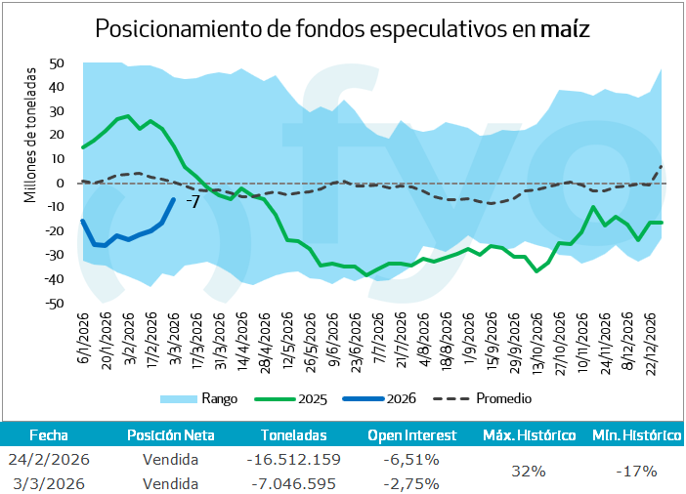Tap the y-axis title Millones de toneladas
[x=30, y=134]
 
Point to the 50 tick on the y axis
[x=56, y=63]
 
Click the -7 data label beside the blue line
[x=193, y=202]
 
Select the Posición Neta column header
[x=171, y=435]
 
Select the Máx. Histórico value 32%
[x=529, y=472]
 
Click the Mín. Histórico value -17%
[x=636, y=472]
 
